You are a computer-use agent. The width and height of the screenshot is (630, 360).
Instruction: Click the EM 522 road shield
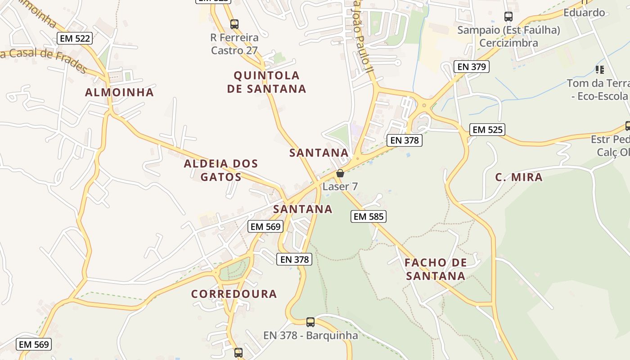point(75,38)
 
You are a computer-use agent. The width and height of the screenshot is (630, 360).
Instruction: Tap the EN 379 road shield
point(471,67)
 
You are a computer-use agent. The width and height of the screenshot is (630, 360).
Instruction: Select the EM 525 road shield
point(488,130)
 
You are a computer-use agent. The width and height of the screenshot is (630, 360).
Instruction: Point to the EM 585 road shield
point(369,216)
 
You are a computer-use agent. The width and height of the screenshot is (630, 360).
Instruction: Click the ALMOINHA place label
point(119,92)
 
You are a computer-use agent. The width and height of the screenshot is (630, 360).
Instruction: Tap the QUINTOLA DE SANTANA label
point(266,82)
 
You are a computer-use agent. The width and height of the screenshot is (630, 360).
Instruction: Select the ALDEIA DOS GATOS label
point(221,170)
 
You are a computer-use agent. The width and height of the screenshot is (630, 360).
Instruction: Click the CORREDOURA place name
point(234,294)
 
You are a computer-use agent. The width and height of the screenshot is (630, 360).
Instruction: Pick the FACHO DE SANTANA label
point(435,269)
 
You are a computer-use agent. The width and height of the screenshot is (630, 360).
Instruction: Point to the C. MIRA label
point(519,177)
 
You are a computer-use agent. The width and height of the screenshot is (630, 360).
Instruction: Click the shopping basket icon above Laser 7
point(340,173)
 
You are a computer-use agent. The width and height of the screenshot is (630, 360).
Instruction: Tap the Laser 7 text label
point(340,186)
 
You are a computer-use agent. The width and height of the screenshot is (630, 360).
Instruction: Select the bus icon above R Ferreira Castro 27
point(234,24)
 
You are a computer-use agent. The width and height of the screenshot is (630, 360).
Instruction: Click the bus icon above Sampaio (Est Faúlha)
point(508,17)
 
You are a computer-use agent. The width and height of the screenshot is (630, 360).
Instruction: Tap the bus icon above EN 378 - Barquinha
point(310,322)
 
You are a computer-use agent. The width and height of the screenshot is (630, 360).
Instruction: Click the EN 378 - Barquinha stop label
point(310,335)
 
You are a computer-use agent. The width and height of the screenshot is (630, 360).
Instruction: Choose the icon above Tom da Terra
point(599,70)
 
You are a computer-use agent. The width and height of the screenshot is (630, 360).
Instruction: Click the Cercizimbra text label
point(508,43)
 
